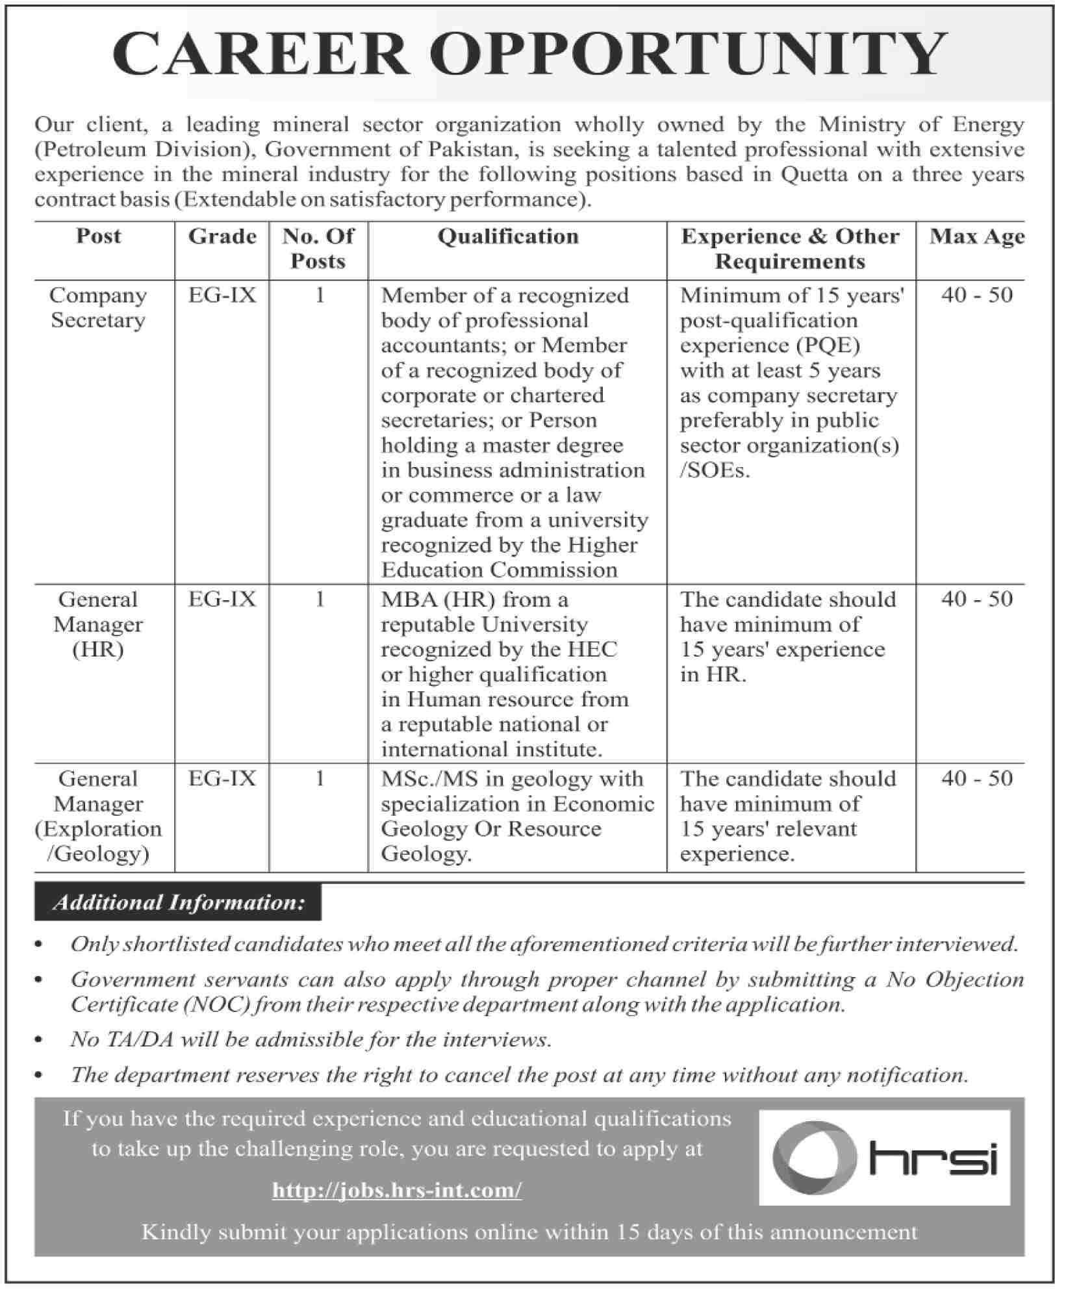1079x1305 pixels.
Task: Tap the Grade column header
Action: [222, 236]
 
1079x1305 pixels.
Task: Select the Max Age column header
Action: [976, 236]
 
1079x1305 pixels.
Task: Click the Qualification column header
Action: [507, 236]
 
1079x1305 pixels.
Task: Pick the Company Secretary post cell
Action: [98, 308]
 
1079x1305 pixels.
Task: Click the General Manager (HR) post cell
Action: [98, 624]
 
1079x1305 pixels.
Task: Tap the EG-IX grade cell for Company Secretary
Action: [222, 296]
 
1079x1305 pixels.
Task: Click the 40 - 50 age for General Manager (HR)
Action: [976, 599]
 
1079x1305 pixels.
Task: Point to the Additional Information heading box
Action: [178, 902]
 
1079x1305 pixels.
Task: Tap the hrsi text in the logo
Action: [932, 1157]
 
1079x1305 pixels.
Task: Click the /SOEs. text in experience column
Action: [715, 470]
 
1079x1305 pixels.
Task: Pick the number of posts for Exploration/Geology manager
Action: [319, 778]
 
